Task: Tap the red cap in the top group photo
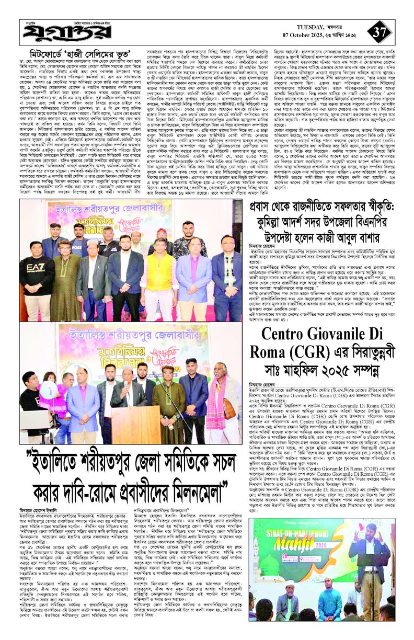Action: coord(162,230)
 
